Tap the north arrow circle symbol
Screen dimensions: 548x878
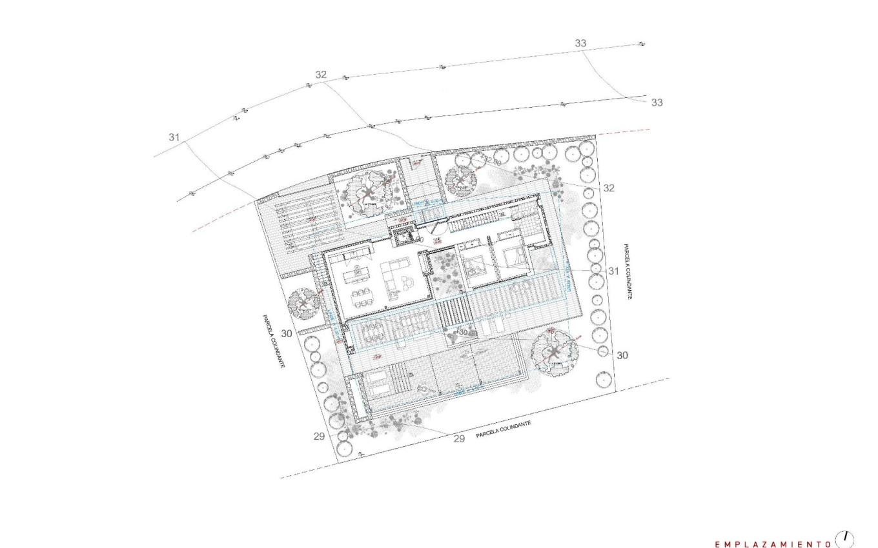tap(844, 538)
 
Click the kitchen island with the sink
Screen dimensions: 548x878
tap(354, 276)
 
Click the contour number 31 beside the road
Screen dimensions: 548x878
tap(174, 137)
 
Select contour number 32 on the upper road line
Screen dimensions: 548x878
tap(321, 75)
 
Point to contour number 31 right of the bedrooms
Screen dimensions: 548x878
tap(613, 271)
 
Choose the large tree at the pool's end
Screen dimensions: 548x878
tap(553, 351)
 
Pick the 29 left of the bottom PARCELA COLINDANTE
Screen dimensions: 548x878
tap(459, 439)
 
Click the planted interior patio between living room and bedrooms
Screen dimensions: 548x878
tap(445, 274)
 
